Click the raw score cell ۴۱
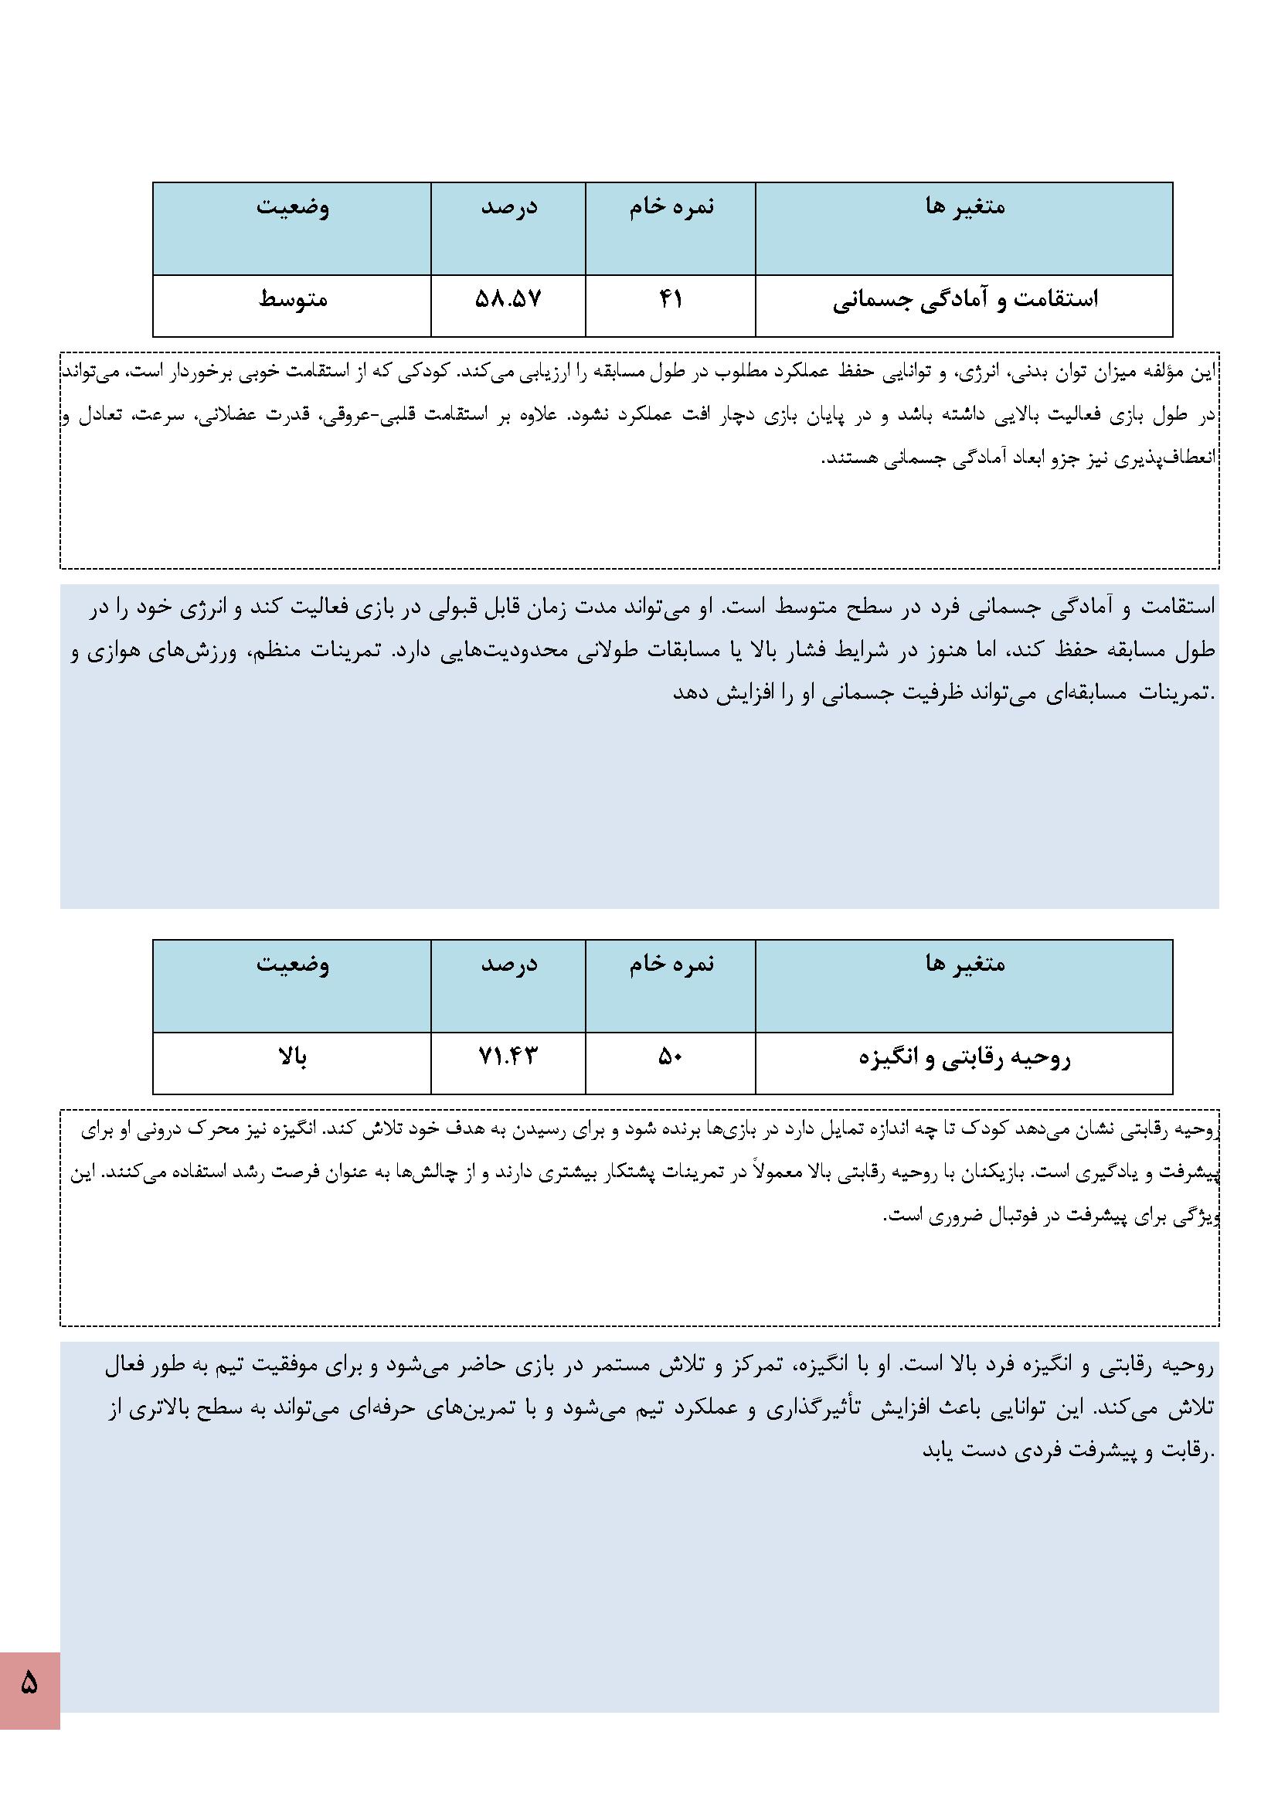pyautogui.click(x=671, y=299)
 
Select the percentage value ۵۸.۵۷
pyautogui.click(x=508, y=299)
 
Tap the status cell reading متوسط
pyautogui.click(x=293, y=299)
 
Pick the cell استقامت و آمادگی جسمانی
pyautogui.click(x=965, y=300)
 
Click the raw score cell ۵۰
pyautogui.click(x=671, y=1057)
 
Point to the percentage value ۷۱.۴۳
pyautogui.click(x=508, y=1057)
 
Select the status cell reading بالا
pyautogui.click(x=293, y=1057)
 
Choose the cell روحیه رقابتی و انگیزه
pyautogui.click(x=965, y=1057)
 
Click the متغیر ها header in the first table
pyautogui.click(x=965, y=206)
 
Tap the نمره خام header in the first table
pyautogui.click(x=671, y=206)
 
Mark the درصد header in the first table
pyautogui.click(x=509, y=206)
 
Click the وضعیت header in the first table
pyautogui.click(x=293, y=206)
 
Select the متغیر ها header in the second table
pyautogui.click(x=965, y=963)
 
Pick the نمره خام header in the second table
pyautogui.click(x=671, y=963)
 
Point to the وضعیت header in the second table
pyautogui.click(x=293, y=963)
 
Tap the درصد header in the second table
pyautogui.click(x=509, y=963)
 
